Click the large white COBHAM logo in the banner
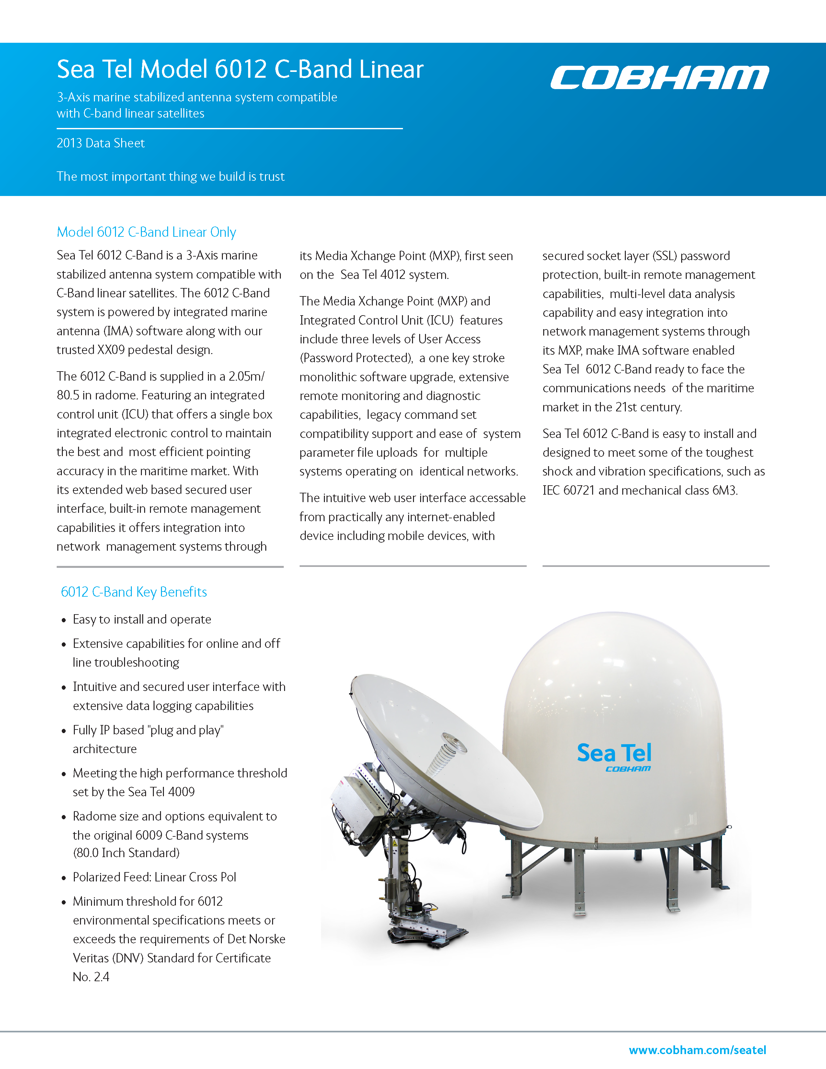(659, 77)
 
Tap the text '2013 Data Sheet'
(100, 144)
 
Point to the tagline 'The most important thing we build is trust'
(170, 177)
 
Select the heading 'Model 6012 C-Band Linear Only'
(146, 232)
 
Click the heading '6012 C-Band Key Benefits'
(133, 592)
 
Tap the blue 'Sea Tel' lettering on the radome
(614, 753)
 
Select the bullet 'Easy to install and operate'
(142, 620)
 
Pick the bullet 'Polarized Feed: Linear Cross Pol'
(154, 877)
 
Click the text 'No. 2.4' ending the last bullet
(91, 977)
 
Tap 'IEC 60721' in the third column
(568, 490)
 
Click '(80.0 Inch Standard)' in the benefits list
(126, 853)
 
